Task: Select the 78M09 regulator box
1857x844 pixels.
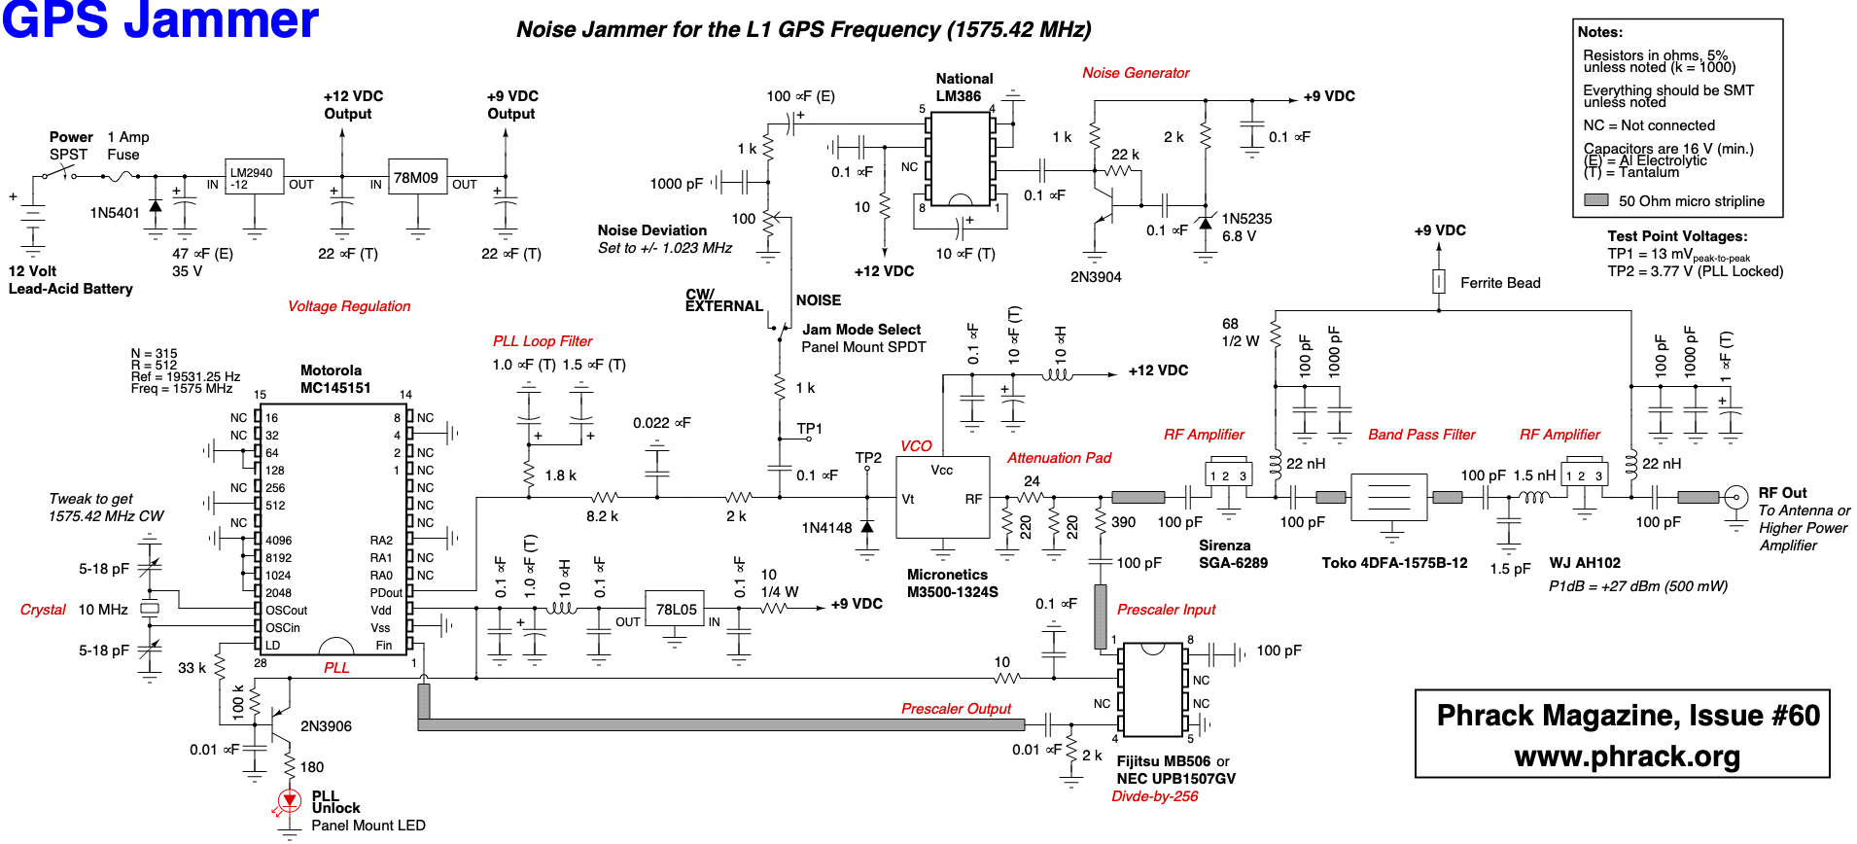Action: (417, 178)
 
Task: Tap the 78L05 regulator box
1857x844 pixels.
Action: (676, 610)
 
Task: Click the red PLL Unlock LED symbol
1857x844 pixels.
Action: (289, 801)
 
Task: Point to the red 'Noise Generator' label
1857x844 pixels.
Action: (1136, 73)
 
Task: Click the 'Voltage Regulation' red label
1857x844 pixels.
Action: (349, 306)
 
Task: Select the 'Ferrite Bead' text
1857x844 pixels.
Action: (1500, 283)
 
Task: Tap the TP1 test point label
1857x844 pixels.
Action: (809, 429)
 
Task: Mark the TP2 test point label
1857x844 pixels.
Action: (868, 458)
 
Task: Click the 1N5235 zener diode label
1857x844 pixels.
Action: (1246, 219)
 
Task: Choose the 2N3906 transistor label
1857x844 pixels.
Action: (326, 726)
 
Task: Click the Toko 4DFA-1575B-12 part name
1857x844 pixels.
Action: (1394, 563)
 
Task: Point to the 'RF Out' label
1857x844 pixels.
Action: (1782, 493)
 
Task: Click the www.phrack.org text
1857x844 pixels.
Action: (1627, 756)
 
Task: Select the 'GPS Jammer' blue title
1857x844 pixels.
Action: (160, 19)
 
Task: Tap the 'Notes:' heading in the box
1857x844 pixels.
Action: (1600, 32)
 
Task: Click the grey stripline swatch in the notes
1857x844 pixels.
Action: (1595, 200)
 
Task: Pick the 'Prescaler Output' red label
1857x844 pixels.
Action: (956, 709)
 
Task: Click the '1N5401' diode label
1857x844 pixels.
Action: (115, 213)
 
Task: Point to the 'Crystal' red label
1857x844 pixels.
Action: (43, 610)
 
